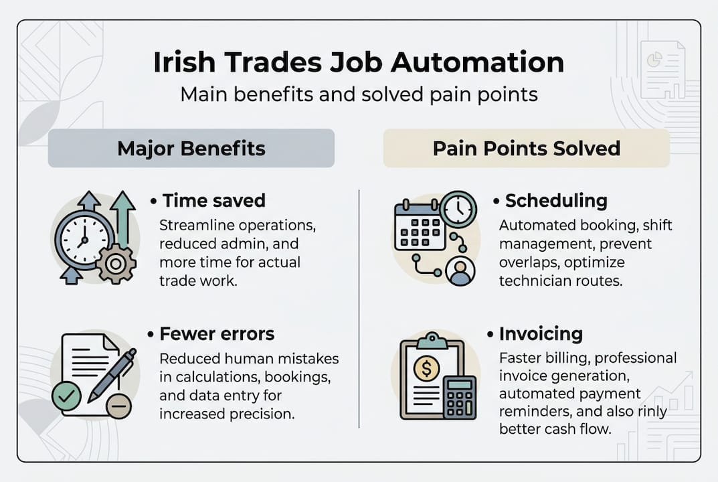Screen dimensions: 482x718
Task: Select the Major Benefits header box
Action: pos(191,148)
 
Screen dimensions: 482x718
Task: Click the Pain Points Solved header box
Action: pos(526,148)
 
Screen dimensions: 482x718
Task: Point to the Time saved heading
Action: pos(213,200)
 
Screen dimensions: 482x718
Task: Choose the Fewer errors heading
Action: pos(217,333)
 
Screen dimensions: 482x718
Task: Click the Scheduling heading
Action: pos(556,200)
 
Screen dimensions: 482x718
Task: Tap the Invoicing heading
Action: pos(541,333)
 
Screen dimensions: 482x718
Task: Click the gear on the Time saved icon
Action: pos(116,264)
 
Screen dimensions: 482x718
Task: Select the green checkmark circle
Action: pos(66,397)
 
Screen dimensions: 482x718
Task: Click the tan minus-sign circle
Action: pos(119,406)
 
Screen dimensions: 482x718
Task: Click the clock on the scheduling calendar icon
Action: pos(458,209)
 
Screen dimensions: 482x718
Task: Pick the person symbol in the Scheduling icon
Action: pos(459,271)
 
